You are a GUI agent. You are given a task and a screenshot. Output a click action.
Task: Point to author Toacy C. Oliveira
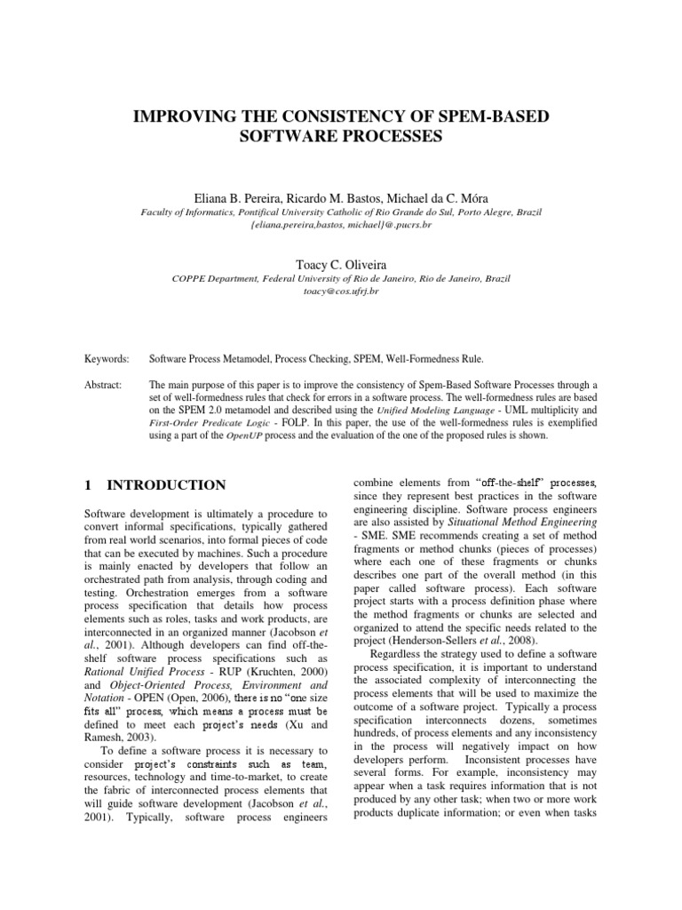pyautogui.click(x=341, y=263)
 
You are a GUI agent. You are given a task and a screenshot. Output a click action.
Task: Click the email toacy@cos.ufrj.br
pyautogui.click(x=341, y=291)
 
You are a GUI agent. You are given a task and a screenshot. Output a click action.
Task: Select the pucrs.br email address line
pyautogui.click(x=341, y=227)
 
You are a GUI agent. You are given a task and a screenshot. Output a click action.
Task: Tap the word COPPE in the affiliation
pyautogui.click(x=191, y=278)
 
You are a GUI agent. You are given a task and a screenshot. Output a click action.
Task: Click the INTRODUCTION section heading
pyautogui.click(x=166, y=485)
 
